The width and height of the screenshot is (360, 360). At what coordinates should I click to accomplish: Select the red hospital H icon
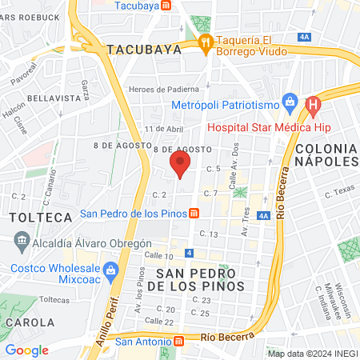[313, 104]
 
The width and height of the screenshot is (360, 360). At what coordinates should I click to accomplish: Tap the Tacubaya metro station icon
[166, 5]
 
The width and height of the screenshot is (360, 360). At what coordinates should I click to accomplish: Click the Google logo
[27, 350]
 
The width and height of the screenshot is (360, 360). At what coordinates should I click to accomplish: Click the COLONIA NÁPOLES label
[326, 154]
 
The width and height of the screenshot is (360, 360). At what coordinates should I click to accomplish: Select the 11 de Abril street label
[164, 129]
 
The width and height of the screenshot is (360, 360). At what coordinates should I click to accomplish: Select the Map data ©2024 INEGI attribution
[313, 353]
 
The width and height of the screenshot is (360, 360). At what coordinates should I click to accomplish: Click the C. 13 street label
[209, 234]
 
